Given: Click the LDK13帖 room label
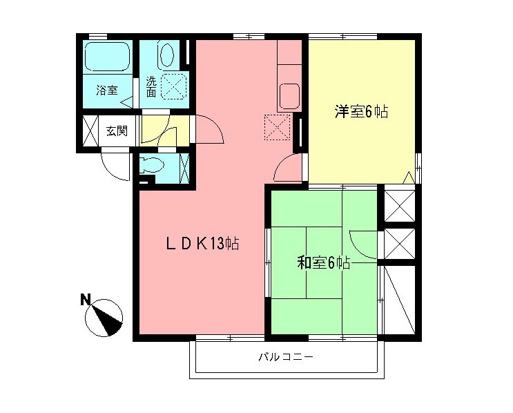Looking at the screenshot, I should click(x=202, y=243).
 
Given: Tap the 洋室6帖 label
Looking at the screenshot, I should click(x=361, y=111).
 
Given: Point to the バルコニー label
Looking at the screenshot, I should click(x=286, y=358).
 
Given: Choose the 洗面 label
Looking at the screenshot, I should click(x=151, y=86).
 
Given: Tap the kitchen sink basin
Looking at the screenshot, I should click(x=289, y=95).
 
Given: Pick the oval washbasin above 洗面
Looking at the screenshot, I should click(x=166, y=55).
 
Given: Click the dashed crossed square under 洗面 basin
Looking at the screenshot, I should click(x=171, y=86).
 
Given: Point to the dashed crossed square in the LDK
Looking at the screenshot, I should click(x=278, y=127).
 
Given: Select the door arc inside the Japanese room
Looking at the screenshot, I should click(x=364, y=243).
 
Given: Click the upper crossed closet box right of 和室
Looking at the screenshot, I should click(x=400, y=204).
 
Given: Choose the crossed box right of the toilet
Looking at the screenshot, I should click(x=184, y=166).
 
